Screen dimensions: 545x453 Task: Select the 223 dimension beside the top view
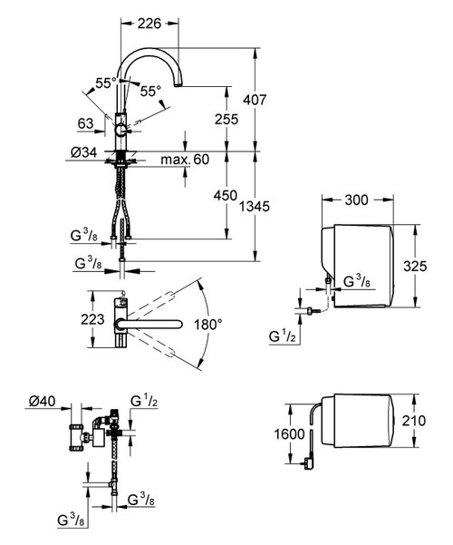(x=77, y=319)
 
